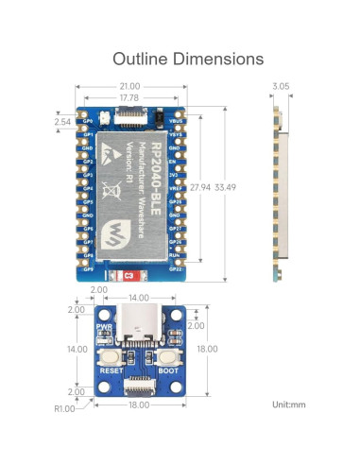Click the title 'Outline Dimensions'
[188, 59]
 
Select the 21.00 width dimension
[130, 87]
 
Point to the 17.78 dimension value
[130, 97]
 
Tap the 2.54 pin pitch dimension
[62, 122]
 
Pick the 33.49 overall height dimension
[226, 187]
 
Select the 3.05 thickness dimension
[281, 87]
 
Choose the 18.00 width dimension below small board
[138, 404]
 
